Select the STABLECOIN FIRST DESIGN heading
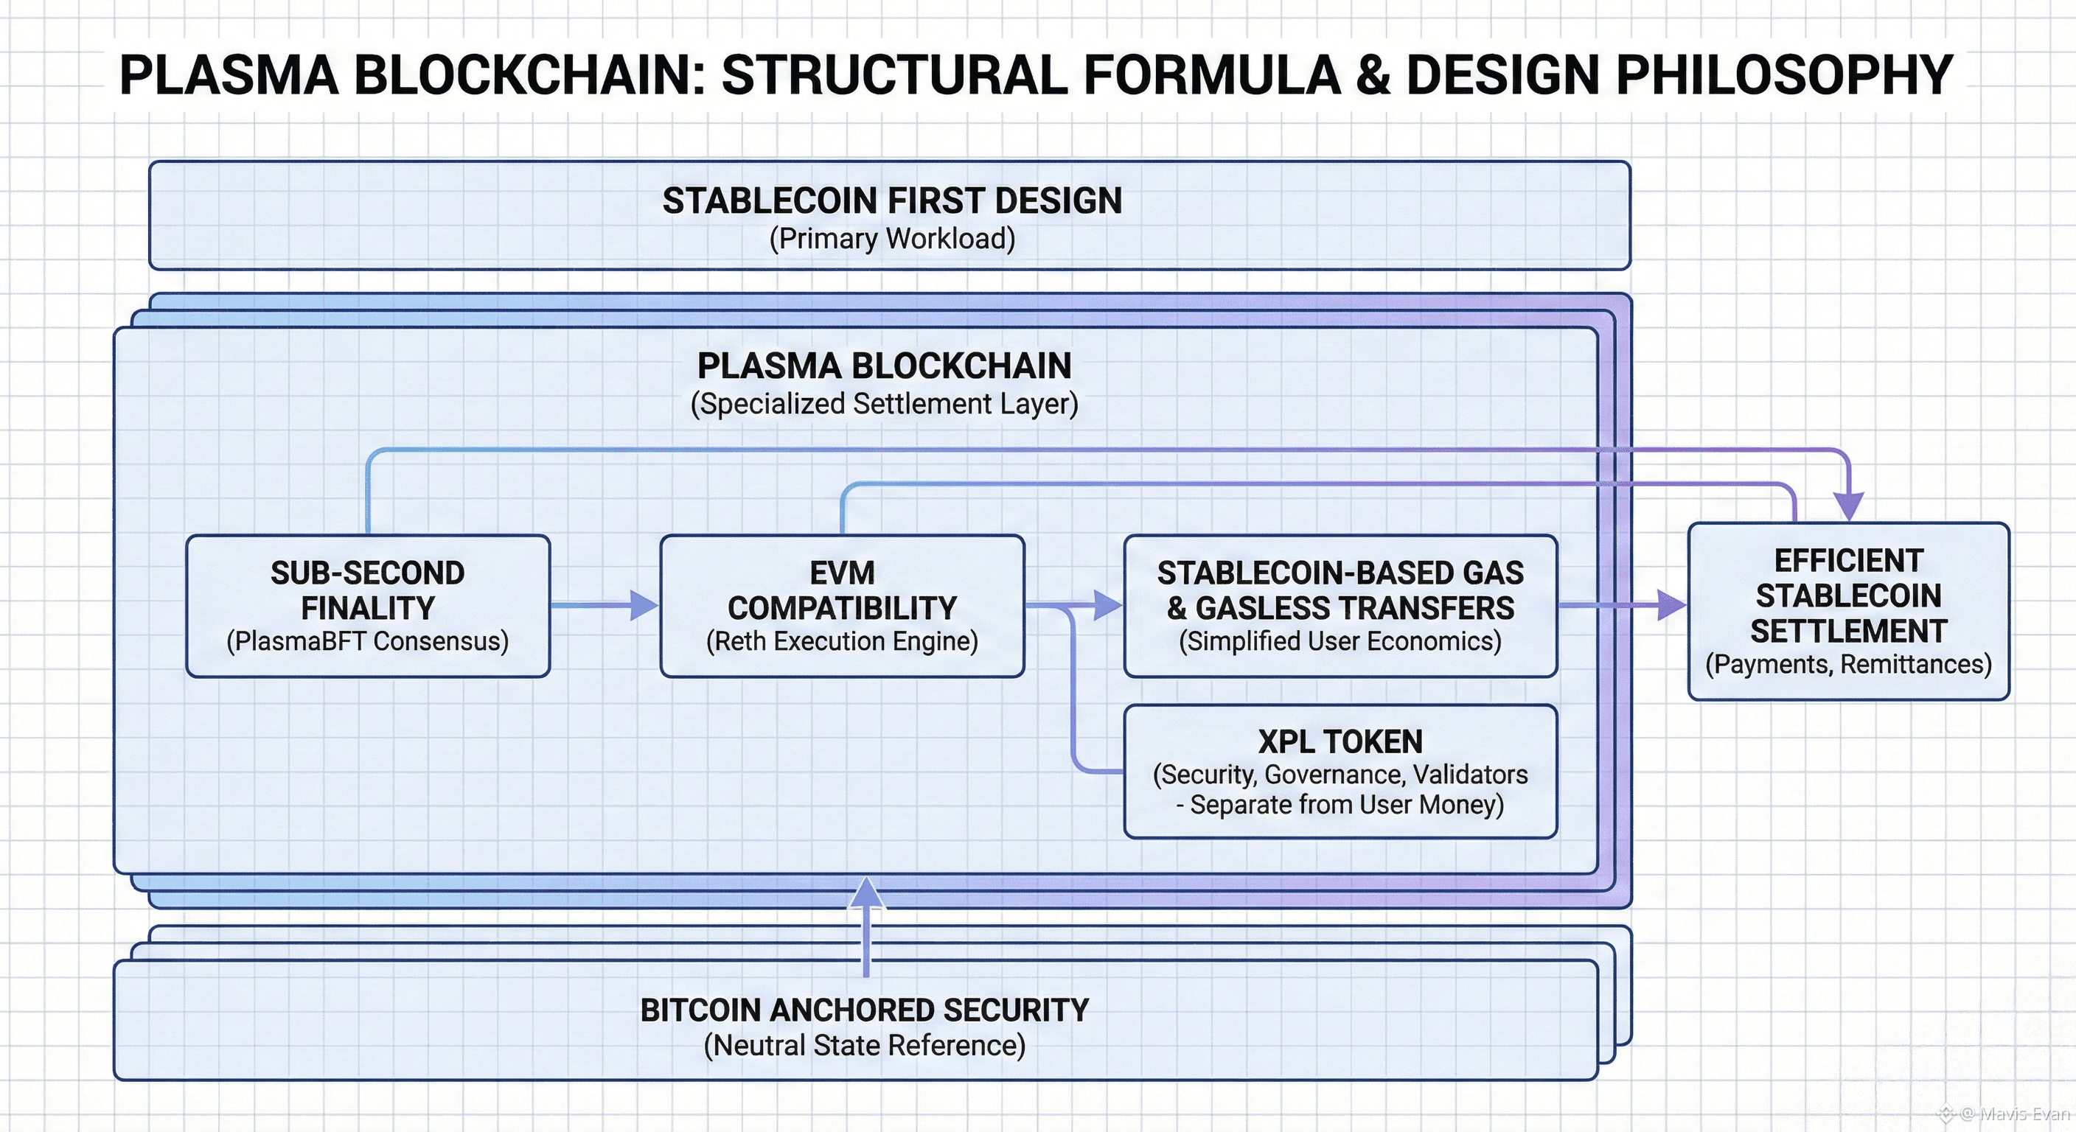(892, 200)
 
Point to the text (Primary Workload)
(892, 240)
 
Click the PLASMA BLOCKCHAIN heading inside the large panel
(884, 366)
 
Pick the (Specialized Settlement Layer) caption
(884, 404)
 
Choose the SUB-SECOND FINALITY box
(367, 605)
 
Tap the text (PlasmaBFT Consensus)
(367, 641)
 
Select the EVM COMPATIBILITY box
(842, 605)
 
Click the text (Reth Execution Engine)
(842, 641)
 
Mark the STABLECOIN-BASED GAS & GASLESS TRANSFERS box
(1340, 605)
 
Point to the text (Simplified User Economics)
(1340, 641)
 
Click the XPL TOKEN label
(1340, 741)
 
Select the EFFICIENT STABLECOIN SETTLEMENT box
(1848, 611)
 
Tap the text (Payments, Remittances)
(1848, 665)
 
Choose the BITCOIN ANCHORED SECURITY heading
(865, 1010)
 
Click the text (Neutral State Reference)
(865, 1046)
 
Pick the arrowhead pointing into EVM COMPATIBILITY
(644, 605)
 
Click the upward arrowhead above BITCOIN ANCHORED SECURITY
(866, 892)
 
